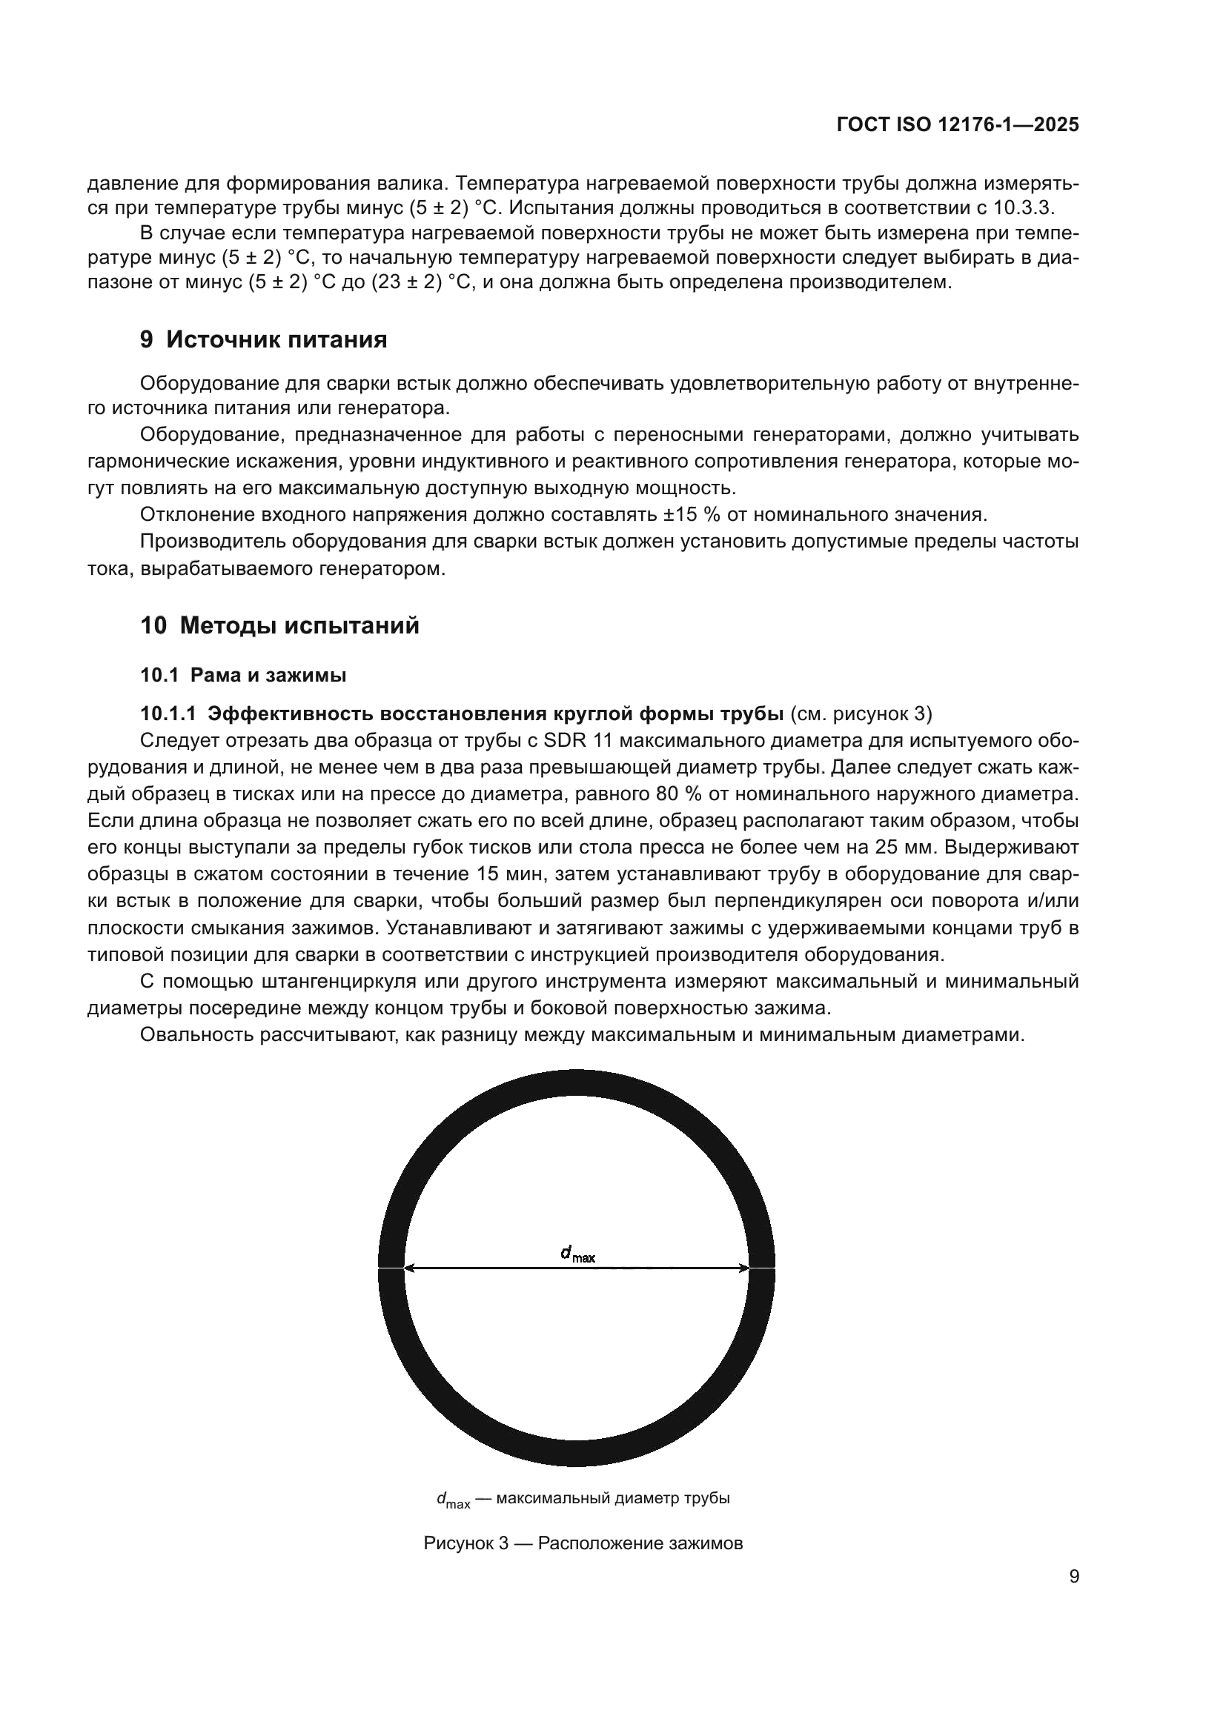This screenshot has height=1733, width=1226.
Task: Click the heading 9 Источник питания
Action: tap(263, 339)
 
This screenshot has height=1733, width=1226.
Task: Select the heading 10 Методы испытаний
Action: tap(279, 626)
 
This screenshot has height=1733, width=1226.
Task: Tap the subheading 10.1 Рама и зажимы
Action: tap(243, 675)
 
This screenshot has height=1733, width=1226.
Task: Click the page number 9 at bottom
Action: tap(1074, 1577)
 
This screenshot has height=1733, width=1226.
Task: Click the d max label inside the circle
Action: tap(577, 1254)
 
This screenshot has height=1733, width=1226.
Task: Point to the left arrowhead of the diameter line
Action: tap(410, 1268)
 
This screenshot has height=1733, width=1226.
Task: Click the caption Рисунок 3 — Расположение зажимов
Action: tap(583, 1543)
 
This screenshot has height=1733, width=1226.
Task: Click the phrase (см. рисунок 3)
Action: tap(861, 714)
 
